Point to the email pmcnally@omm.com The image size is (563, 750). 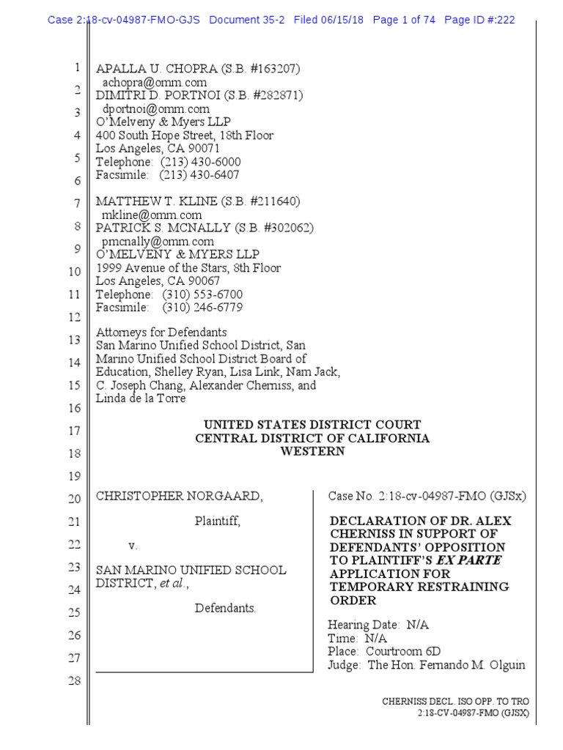[x=158, y=241]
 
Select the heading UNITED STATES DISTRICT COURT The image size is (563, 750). [x=312, y=425]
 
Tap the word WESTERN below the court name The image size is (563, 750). [x=312, y=451]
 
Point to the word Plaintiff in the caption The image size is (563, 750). [x=217, y=521]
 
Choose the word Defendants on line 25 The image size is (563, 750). [x=225, y=608]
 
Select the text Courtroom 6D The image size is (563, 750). [x=404, y=651]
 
